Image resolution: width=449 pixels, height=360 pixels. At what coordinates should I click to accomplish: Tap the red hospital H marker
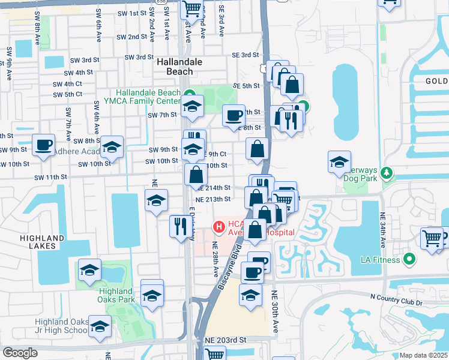(x=219, y=227)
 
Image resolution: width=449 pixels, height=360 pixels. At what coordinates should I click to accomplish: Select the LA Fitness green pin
(x=410, y=259)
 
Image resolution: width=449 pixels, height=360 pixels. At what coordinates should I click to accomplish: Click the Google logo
(x=20, y=353)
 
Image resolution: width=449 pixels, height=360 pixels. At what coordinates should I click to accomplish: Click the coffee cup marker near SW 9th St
(x=44, y=145)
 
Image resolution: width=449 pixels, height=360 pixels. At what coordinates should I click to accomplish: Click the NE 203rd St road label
(x=226, y=340)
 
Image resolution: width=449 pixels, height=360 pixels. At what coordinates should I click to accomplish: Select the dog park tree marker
(x=387, y=174)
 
